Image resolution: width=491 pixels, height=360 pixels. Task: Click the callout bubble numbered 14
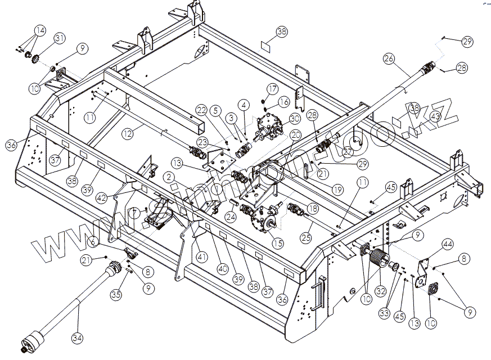(39, 30)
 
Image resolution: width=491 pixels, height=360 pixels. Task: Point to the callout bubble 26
(389, 58)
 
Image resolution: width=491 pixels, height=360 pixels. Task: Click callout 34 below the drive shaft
(78, 338)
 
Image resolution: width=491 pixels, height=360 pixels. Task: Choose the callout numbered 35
(116, 294)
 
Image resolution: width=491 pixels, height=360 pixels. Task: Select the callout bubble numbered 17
(272, 89)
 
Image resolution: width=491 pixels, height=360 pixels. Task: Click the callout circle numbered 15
(277, 243)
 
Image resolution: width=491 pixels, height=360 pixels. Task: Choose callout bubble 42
(101, 197)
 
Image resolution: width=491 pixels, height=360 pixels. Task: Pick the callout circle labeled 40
(223, 269)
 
